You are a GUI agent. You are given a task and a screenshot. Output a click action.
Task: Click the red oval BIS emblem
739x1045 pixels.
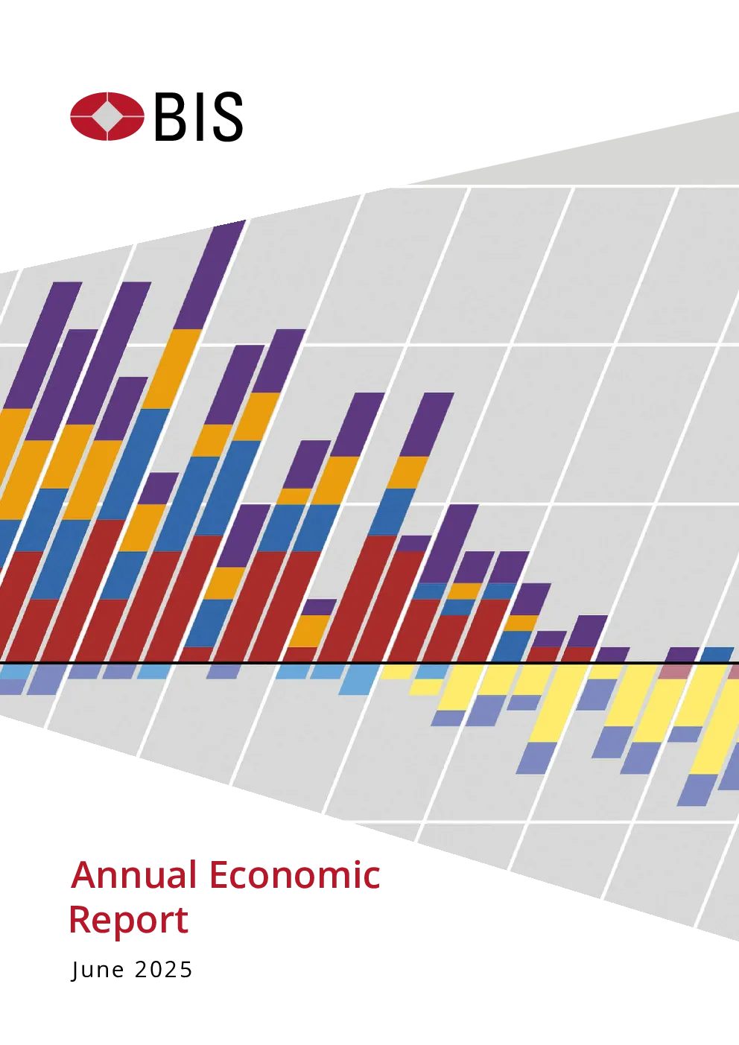(107, 116)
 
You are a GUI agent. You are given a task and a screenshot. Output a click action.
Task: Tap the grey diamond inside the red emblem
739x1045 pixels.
(107, 116)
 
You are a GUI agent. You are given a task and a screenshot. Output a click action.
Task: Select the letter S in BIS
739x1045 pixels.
(227, 116)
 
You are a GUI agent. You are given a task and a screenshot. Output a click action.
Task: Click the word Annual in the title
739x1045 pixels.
(134, 874)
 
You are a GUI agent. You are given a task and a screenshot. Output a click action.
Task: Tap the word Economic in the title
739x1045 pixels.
(295, 874)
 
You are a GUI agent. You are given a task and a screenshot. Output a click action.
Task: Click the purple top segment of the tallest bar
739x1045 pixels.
(209, 275)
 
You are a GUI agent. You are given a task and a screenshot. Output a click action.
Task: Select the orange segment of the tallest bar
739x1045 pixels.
(172, 369)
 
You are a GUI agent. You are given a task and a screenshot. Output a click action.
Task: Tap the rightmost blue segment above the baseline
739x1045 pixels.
(717, 655)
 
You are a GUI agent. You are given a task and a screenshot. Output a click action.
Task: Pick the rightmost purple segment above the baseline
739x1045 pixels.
(682, 655)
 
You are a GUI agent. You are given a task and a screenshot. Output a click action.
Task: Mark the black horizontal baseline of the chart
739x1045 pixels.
(369, 663)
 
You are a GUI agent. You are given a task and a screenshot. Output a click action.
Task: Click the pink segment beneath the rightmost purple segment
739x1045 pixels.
(674, 672)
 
